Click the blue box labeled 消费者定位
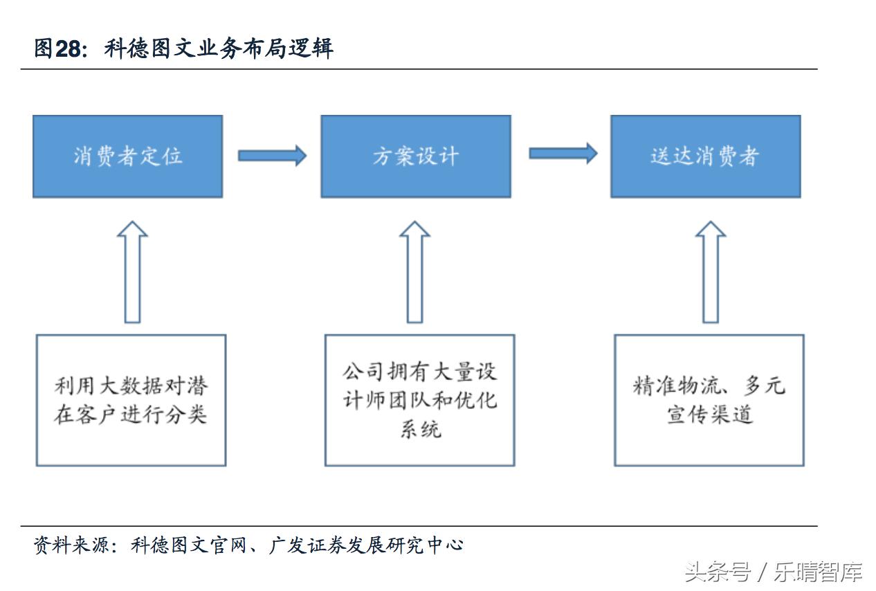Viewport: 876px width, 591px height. tap(127, 156)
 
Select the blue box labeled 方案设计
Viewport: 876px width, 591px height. tap(415, 156)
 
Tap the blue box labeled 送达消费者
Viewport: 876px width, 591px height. tap(705, 156)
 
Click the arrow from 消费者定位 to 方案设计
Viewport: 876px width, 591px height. tap(272, 156)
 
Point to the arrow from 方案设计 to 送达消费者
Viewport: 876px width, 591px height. tap(563, 154)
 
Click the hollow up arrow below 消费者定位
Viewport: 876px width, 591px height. tap(132, 272)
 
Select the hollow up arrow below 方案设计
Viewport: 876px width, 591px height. tap(414, 272)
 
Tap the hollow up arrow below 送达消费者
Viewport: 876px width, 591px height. tap(710, 272)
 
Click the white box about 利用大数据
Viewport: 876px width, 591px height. tap(131, 400)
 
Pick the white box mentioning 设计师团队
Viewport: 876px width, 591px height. tap(419, 400)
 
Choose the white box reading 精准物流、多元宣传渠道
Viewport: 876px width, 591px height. tap(709, 400)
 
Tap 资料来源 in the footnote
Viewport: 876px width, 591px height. tap(71, 545)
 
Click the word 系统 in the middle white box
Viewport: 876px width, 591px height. tap(420, 430)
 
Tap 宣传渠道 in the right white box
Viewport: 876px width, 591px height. tap(709, 415)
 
